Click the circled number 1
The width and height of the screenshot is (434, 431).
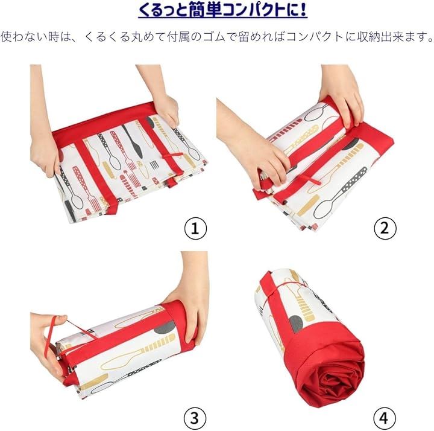195,228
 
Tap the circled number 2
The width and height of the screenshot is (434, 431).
385,228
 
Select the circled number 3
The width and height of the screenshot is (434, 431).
195,418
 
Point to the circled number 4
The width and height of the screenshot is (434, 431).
385,418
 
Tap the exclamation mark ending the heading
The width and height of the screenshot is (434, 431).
303,10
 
